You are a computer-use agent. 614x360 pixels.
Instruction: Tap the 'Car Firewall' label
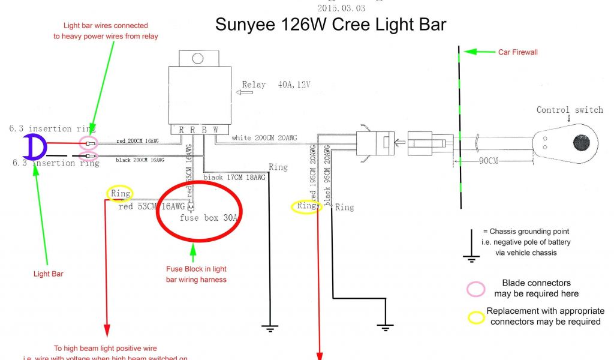[x=518, y=52]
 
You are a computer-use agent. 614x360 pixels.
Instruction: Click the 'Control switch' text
[x=570, y=110]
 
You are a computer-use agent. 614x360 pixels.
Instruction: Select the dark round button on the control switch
[x=580, y=143]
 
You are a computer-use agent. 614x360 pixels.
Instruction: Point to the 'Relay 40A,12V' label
[x=276, y=85]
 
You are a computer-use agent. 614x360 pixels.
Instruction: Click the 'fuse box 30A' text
[x=209, y=218]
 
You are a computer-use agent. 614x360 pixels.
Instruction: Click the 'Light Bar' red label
[x=49, y=274]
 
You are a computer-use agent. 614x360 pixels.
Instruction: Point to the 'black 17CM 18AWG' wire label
[x=234, y=178]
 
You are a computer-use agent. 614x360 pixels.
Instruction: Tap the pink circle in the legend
[x=475, y=289]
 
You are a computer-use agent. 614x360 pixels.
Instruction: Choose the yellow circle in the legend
[x=476, y=317]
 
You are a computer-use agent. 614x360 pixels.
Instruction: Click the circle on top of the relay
[x=196, y=58]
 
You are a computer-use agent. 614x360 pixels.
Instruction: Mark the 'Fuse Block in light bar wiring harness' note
[x=196, y=274]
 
